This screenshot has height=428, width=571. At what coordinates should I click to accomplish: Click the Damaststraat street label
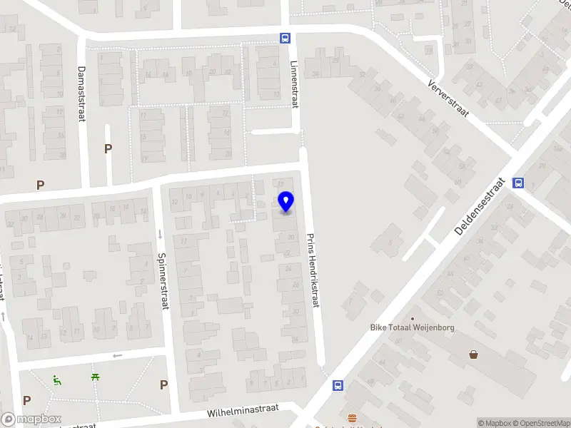click(81, 94)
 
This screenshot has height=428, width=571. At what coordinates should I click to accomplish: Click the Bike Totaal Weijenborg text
click(412, 328)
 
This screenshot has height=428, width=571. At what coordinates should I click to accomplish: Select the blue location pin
click(285, 201)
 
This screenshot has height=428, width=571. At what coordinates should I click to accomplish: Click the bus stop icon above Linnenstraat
click(285, 39)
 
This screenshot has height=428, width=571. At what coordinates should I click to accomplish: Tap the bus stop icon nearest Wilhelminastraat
click(338, 385)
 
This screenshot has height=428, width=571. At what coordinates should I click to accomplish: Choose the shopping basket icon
click(473, 354)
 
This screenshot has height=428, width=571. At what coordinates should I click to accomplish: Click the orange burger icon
click(351, 418)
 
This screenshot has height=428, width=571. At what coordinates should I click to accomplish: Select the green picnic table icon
click(95, 377)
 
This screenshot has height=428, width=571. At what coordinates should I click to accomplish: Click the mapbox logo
click(31, 419)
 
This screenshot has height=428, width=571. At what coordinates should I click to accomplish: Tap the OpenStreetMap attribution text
click(542, 423)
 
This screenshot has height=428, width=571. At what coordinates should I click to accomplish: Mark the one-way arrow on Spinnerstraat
click(159, 233)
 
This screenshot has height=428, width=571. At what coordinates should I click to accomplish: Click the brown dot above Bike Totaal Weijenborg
click(412, 318)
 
